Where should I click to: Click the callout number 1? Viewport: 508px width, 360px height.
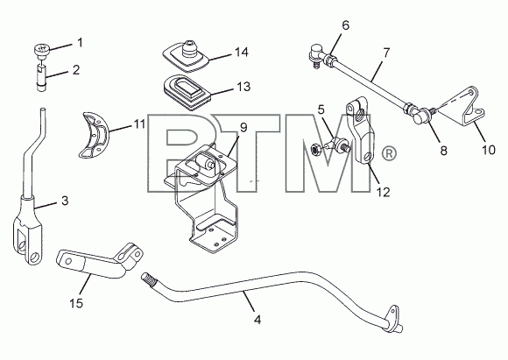coord(80,42)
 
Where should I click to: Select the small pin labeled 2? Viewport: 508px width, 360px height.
coord(41,78)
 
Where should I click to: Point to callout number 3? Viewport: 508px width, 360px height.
coord(65,201)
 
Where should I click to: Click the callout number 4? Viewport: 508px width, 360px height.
coord(258,320)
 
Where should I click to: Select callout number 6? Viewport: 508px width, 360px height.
coord(346,25)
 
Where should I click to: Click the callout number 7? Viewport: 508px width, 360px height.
coord(386,53)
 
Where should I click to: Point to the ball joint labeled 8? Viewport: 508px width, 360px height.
coord(421,115)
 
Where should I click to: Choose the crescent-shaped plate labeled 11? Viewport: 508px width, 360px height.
coord(94,135)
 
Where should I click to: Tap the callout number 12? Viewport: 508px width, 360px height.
coord(383,192)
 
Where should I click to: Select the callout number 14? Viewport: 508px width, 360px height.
coord(242,53)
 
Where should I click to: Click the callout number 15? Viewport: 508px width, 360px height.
coord(76,304)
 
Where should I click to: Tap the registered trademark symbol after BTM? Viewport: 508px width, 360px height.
coord(389,153)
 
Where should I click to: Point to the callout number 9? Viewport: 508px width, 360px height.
coord(243,127)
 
